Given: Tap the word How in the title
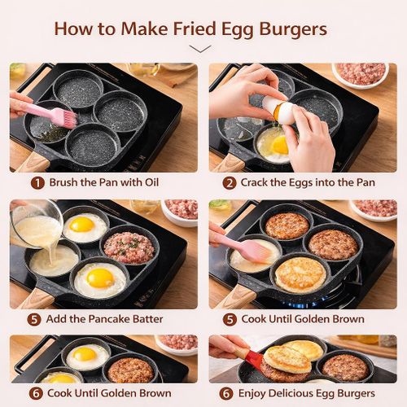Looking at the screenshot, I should pyautogui.click(x=74, y=29).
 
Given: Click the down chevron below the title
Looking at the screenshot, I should pyautogui.click(x=199, y=49).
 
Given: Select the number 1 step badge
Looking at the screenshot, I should pyautogui.click(x=37, y=183).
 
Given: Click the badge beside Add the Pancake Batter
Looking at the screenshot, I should pyautogui.click(x=34, y=319).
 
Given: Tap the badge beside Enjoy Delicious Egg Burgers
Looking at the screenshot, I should pyautogui.click(x=230, y=394).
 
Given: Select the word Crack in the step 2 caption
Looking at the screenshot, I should pyautogui.click(x=260, y=183).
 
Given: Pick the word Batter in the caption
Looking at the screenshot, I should pyautogui.click(x=143, y=319).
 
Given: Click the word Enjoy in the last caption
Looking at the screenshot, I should pyautogui.click(x=260, y=394).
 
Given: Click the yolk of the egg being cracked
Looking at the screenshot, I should pyautogui.click(x=278, y=145).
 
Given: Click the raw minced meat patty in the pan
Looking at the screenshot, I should pyautogui.click(x=129, y=247).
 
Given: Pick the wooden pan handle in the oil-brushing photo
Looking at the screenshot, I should pyautogui.click(x=33, y=160).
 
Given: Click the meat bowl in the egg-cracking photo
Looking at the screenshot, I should pyautogui.click(x=360, y=74).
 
